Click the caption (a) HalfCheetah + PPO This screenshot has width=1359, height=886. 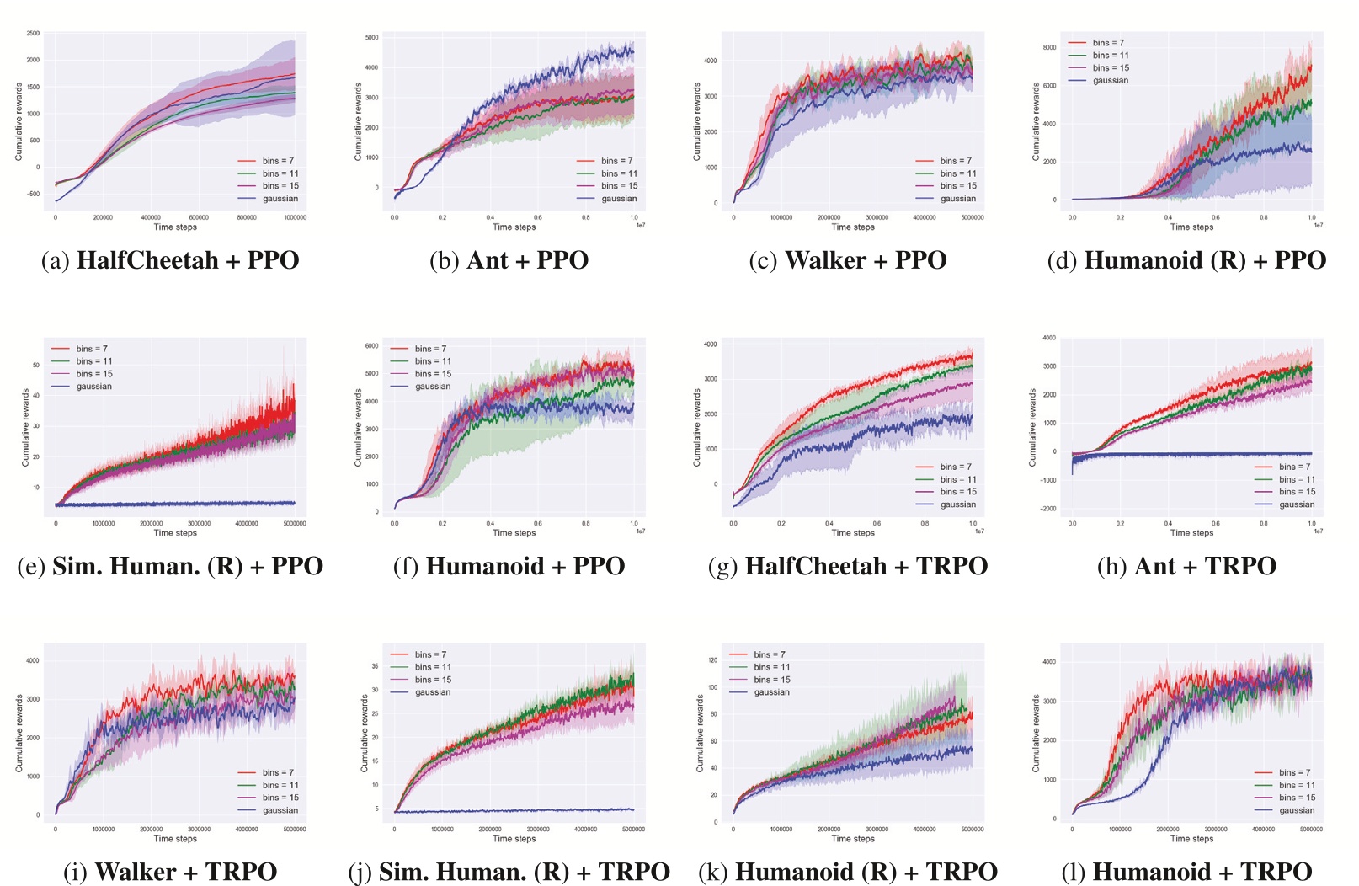click(x=170, y=260)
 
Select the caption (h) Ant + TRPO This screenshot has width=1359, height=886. click(x=1186, y=566)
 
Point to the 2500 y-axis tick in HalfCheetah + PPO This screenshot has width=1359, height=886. click(x=33, y=34)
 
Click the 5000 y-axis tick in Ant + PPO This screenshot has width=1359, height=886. click(x=371, y=38)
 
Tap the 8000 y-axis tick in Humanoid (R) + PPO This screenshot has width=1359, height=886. click(x=1049, y=48)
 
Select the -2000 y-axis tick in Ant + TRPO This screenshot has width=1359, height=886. click(x=1047, y=509)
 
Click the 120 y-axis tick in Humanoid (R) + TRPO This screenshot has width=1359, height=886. click(x=712, y=660)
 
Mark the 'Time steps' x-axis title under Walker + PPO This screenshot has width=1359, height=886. click(x=853, y=227)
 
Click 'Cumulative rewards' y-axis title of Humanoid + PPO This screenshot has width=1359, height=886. click(x=358, y=428)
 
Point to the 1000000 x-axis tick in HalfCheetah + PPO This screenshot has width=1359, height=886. click(x=295, y=217)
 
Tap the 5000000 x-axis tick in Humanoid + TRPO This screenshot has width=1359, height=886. click(x=1310, y=829)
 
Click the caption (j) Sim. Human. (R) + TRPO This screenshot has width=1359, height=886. click(x=509, y=872)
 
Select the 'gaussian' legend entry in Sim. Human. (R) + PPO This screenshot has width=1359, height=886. click(x=93, y=387)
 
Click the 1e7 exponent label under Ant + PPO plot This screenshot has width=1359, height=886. click(x=640, y=225)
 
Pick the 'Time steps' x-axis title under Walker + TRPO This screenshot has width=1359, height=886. click(x=175, y=838)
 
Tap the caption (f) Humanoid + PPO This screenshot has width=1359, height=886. click(x=509, y=566)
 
